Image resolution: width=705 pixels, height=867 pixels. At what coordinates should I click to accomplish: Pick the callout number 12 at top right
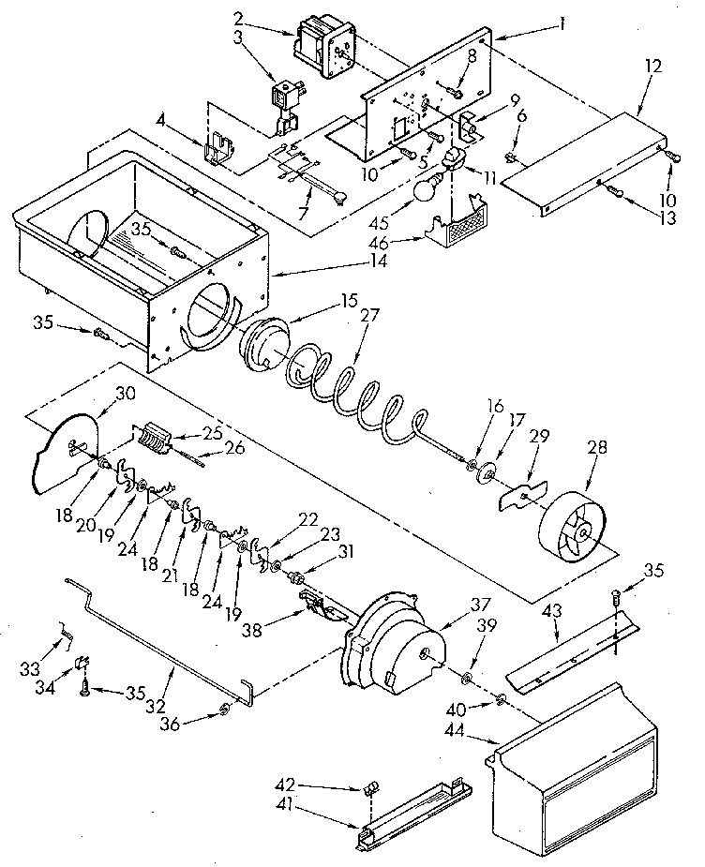point(652,67)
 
